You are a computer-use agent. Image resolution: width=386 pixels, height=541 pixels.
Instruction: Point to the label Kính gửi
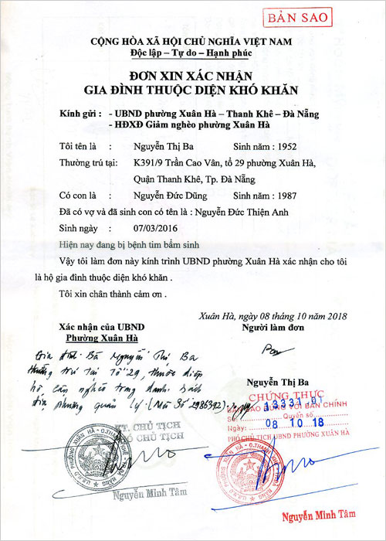80,114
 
